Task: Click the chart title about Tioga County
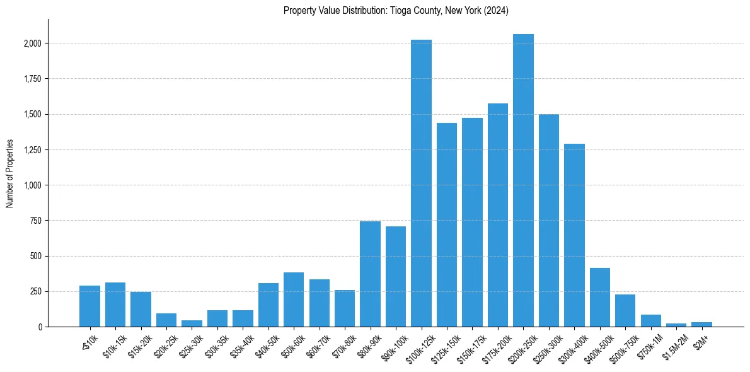coord(396,11)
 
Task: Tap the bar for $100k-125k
coord(421,183)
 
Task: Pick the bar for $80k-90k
coord(370,274)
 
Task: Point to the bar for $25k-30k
coord(192,323)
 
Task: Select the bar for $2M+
coord(701,324)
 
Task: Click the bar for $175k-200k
coord(498,215)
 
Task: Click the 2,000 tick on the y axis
coord(33,44)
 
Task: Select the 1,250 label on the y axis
coord(33,150)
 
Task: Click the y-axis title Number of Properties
coord(10,173)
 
